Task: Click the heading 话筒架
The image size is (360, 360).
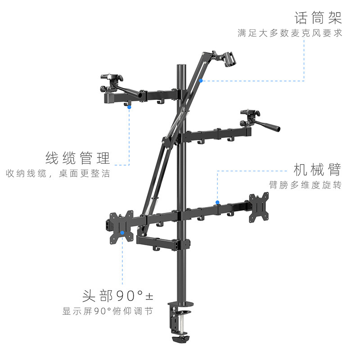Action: pos(318,18)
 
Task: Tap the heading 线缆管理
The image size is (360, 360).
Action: pos(78,158)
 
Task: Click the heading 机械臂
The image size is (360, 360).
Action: pos(317,170)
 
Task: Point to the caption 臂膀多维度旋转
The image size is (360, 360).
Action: pos(305,185)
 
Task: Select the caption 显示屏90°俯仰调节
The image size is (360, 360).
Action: pos(108,311)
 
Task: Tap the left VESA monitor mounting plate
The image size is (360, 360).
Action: pos(121,227)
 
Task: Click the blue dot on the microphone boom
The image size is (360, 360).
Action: pos(201,81)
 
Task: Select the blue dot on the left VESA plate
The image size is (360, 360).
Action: pos(122,233)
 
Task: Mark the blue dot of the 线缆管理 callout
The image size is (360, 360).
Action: pos(130,107)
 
